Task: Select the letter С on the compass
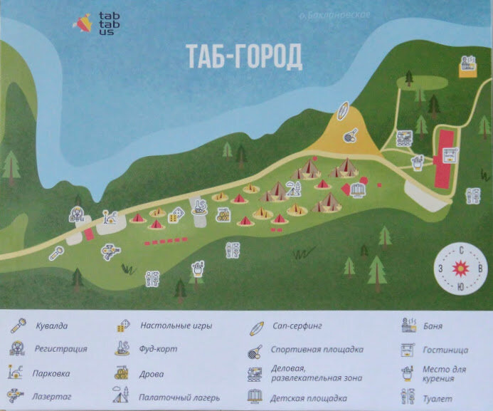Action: (462, 250)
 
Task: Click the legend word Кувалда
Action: (52, 326)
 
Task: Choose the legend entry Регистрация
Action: (60, 349)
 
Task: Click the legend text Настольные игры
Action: (176, 326)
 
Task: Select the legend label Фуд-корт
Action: (159, 349)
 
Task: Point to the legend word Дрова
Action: (152, 373)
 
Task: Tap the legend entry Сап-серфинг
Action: (297, 326)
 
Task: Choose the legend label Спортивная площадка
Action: (317, 349)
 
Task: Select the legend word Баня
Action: (432, 326)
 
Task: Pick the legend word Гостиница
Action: (445, 350)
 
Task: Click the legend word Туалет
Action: (437, 399)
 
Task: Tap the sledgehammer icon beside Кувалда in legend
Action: (16, 326)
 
